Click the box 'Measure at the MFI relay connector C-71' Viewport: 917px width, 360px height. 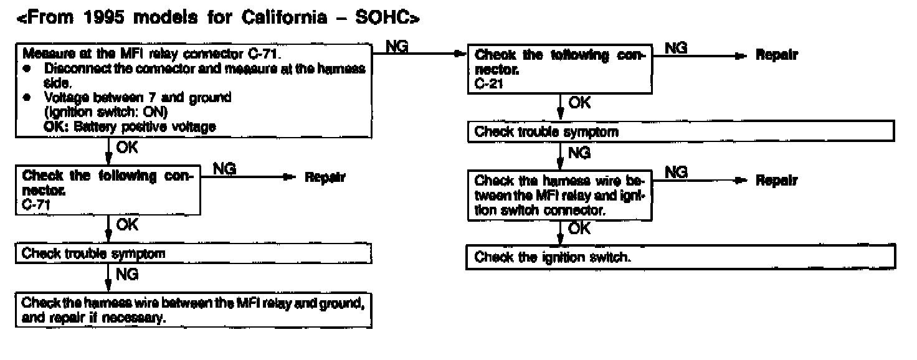(194, 90)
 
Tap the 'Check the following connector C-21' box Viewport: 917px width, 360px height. (559, 69)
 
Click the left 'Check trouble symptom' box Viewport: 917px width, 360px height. (193, 253)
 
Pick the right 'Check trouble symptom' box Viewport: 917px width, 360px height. (680, 132)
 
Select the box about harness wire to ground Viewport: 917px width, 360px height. (193, 309)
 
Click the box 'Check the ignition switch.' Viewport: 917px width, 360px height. (680, 257)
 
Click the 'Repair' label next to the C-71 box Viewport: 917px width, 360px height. (325, 178)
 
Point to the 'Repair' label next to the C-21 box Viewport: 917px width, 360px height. (776, 55)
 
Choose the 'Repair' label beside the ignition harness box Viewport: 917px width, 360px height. (776, 181)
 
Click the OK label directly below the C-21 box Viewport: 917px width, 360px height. (579, 103)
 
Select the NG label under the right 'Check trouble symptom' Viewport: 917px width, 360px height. (579, 152)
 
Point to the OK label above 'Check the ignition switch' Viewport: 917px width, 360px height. (579, 229)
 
